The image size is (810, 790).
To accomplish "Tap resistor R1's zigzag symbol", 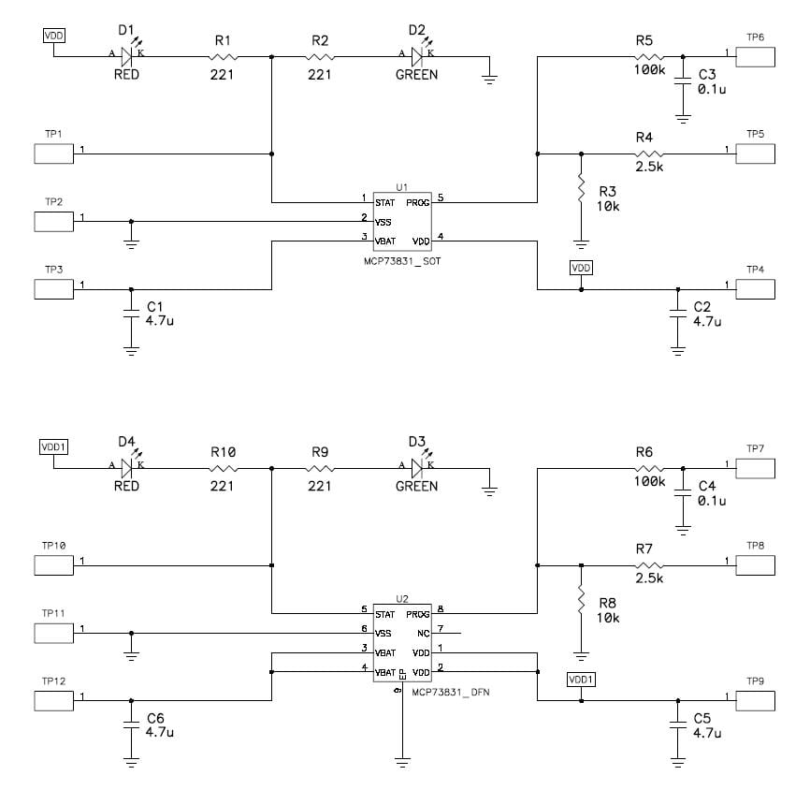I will (223, 58).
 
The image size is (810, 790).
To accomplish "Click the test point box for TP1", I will (54, 153).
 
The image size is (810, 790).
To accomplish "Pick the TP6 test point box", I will (756, 55).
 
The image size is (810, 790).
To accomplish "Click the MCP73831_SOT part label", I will (403, 262).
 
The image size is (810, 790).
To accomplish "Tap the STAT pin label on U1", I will (384, 201).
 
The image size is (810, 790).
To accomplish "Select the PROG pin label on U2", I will (418, 615).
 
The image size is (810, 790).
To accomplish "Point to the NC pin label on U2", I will (423, 634).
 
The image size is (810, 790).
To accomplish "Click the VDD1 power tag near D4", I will (53, 446).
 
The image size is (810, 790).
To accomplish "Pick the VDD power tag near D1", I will (54, 36).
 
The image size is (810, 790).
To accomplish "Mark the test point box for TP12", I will (54, 699).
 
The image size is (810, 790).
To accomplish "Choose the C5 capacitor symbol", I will (675, 725).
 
